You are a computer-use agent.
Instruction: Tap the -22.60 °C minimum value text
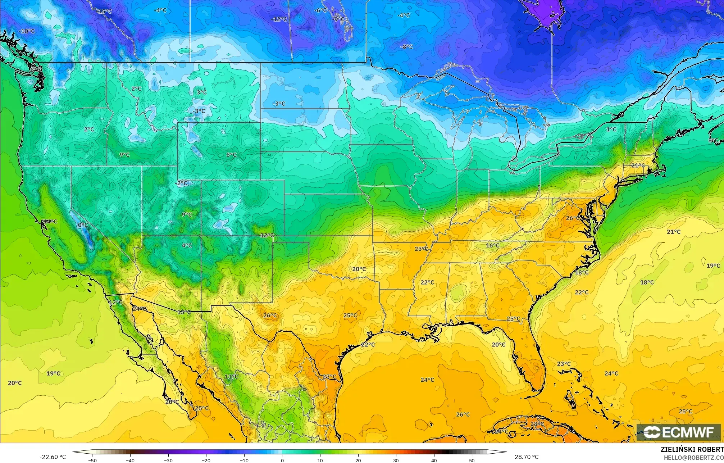pos(53,457)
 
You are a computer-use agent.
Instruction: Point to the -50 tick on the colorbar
pos(93,460)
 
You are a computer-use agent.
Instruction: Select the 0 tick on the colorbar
pos(282,460)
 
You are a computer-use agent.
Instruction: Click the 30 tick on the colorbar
pos(396,460)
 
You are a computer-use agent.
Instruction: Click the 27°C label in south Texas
pos(329,377)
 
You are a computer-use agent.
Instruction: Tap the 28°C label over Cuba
pos(537,424)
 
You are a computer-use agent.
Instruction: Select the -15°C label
pos(105,12)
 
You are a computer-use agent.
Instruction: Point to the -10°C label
pos(27,31)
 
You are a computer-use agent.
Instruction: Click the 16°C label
pos(492,245)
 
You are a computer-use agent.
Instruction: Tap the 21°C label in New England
pos(638,165)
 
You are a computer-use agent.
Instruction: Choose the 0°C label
pos(83,225)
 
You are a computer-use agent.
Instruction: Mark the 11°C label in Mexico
pos(231,377)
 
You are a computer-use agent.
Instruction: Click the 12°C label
pos(267,235)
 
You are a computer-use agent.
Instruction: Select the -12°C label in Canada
pos(279,19)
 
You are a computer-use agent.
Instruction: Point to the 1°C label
pos(611,129)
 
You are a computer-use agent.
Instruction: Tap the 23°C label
pos(564,364)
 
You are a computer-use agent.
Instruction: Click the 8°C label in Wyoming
pos(231,155)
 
